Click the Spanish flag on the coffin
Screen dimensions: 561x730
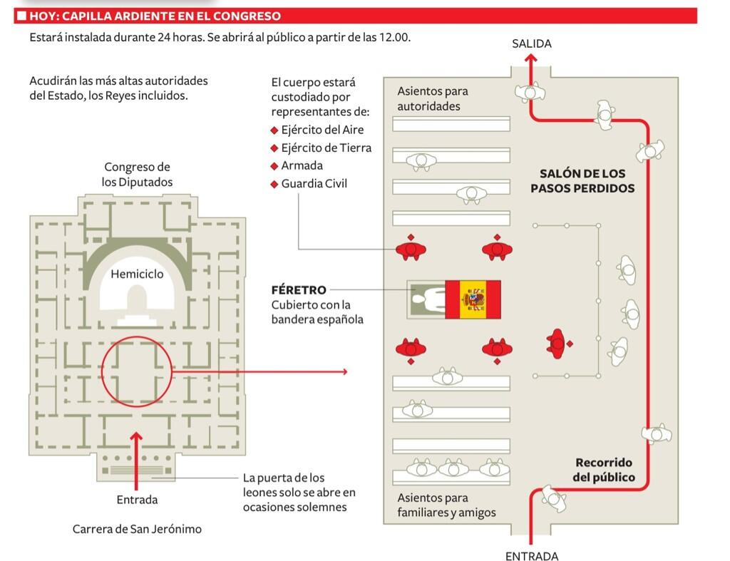(x=473, y=299)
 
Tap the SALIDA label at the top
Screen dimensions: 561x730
(x=532, y=43)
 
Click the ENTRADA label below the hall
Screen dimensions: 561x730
(x=532, y=556)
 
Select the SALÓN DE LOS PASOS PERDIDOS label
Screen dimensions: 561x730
(x=582, y=181)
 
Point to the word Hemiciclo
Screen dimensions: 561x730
(x=137, y=274)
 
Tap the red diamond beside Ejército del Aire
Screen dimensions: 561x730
(x=274, y=130)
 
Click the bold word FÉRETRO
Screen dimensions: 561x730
(x=299, y=290)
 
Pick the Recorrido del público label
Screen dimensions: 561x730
(x=604, y=470)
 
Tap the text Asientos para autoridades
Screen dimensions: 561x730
(x=433, y=98)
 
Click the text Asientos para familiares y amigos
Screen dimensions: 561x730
(x=446, y=505)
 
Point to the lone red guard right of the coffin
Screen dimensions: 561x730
(x=558, y=344)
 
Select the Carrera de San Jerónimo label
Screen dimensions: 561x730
(x=137, y=529)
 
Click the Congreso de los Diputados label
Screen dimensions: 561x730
(x=137, y=174)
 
